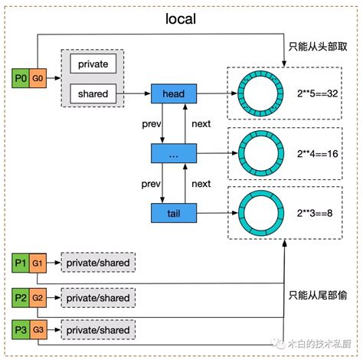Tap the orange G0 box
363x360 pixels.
coord(38,78)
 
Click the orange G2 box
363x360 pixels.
coord(38,296)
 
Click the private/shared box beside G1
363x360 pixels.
coord(98,263)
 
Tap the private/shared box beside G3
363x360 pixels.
coord(98,330)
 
